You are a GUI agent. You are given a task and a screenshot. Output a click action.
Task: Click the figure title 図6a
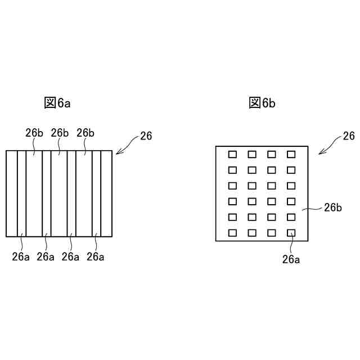[57, 102]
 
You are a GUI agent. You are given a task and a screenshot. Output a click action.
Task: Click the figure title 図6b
[262, 102]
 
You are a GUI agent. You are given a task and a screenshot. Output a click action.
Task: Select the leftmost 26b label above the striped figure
[34, 133]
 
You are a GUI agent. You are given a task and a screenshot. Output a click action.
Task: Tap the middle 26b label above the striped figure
[60, 133]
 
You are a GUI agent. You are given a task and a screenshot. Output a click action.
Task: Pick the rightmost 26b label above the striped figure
[85, 133]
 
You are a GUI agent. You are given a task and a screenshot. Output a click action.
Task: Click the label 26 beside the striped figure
[146, 136]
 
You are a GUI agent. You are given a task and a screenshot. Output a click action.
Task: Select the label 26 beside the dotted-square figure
[349, 136]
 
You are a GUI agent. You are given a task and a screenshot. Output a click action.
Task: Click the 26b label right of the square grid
[333, 207]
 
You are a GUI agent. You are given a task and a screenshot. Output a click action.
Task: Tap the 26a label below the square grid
[291, 259]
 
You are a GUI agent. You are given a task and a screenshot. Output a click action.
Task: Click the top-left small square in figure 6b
[232, 154]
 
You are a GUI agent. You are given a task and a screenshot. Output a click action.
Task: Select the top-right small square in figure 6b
[291, 154]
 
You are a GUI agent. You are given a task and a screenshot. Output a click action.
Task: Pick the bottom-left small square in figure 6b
[232, 233]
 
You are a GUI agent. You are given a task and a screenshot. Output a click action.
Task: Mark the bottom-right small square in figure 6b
[291, 233]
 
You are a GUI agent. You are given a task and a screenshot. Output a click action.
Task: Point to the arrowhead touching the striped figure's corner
[118, 151]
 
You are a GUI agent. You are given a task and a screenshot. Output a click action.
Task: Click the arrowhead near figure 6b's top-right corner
[320, 152]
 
